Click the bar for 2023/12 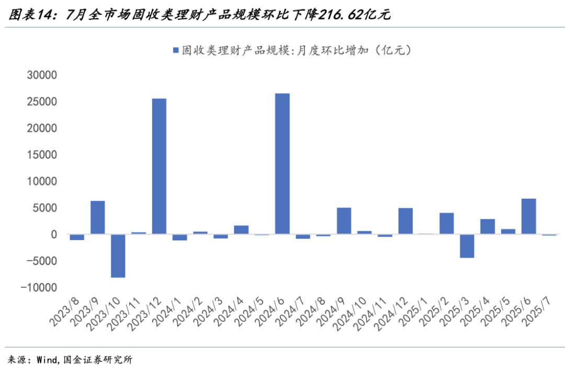point(159,166)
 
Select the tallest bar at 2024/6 point(282,163)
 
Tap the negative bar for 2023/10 point(118,256)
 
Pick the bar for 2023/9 point(98,217)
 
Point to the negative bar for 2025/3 point(467,246)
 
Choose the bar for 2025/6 point(528,216)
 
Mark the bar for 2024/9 point(344,221)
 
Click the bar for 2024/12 point(405,221)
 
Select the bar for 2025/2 point(446,223)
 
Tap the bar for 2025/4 point(488,227)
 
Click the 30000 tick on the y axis point(41,75)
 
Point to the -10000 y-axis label point(38,288)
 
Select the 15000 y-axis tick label point(41,155)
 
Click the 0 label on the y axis point(53,234)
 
